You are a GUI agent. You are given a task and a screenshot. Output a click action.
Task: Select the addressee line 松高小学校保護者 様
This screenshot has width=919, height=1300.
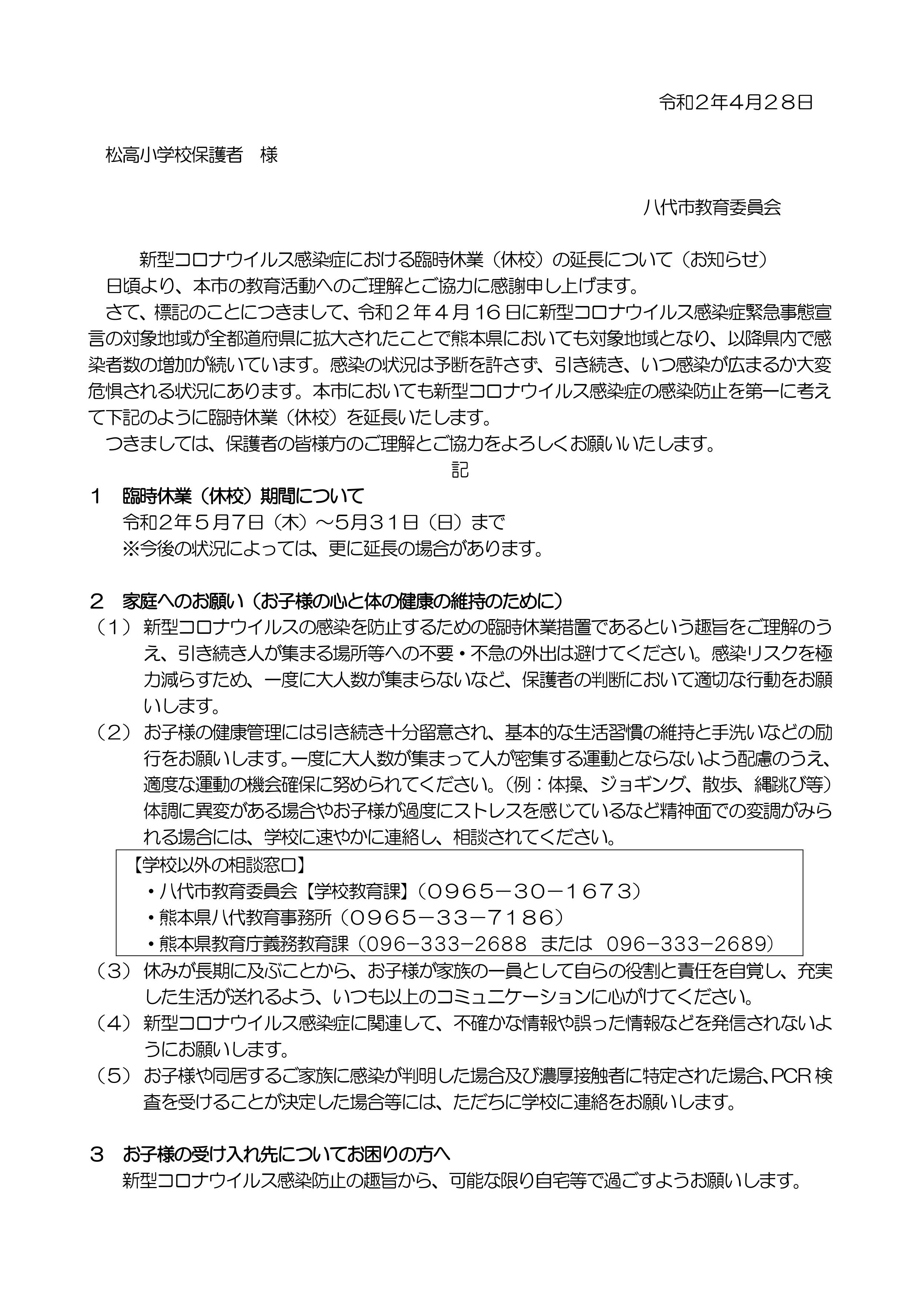[x=192, y=154]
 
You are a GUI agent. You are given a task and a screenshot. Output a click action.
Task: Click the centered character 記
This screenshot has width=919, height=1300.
[x=460, y=470]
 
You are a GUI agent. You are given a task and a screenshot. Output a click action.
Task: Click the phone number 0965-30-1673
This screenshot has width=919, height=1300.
[x=530, y=891]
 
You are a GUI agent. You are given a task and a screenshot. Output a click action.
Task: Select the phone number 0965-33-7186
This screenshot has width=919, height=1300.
[x=453, y=917]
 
